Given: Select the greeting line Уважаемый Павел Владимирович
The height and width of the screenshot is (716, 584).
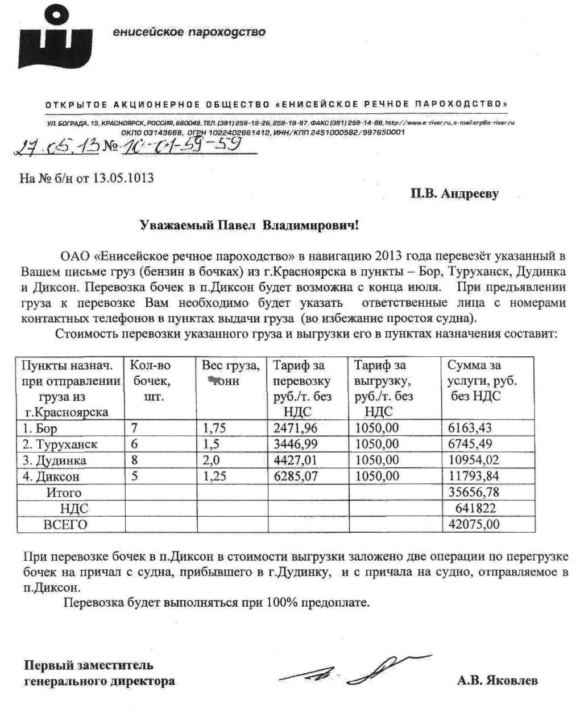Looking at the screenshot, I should pos(250,226).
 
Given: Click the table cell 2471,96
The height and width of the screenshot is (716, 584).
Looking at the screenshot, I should pos(295,428).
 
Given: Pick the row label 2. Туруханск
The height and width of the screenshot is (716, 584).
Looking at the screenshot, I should pos(60,444).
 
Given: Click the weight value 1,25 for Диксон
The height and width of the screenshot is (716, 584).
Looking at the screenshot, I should pos(214,476).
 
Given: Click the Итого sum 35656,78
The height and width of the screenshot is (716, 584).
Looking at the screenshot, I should pos(471,492).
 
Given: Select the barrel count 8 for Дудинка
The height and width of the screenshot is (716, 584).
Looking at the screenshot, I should pos(135,460).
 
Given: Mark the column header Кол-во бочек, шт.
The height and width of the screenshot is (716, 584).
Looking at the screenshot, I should pos(151,380).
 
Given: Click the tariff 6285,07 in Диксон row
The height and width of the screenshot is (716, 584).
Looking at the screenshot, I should pos(295,476).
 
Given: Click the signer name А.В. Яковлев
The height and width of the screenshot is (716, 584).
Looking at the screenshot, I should pos(497,681).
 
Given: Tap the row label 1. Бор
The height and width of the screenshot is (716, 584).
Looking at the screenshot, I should pos(40,428).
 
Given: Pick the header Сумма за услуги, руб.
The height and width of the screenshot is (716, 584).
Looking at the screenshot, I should pos(482,380).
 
